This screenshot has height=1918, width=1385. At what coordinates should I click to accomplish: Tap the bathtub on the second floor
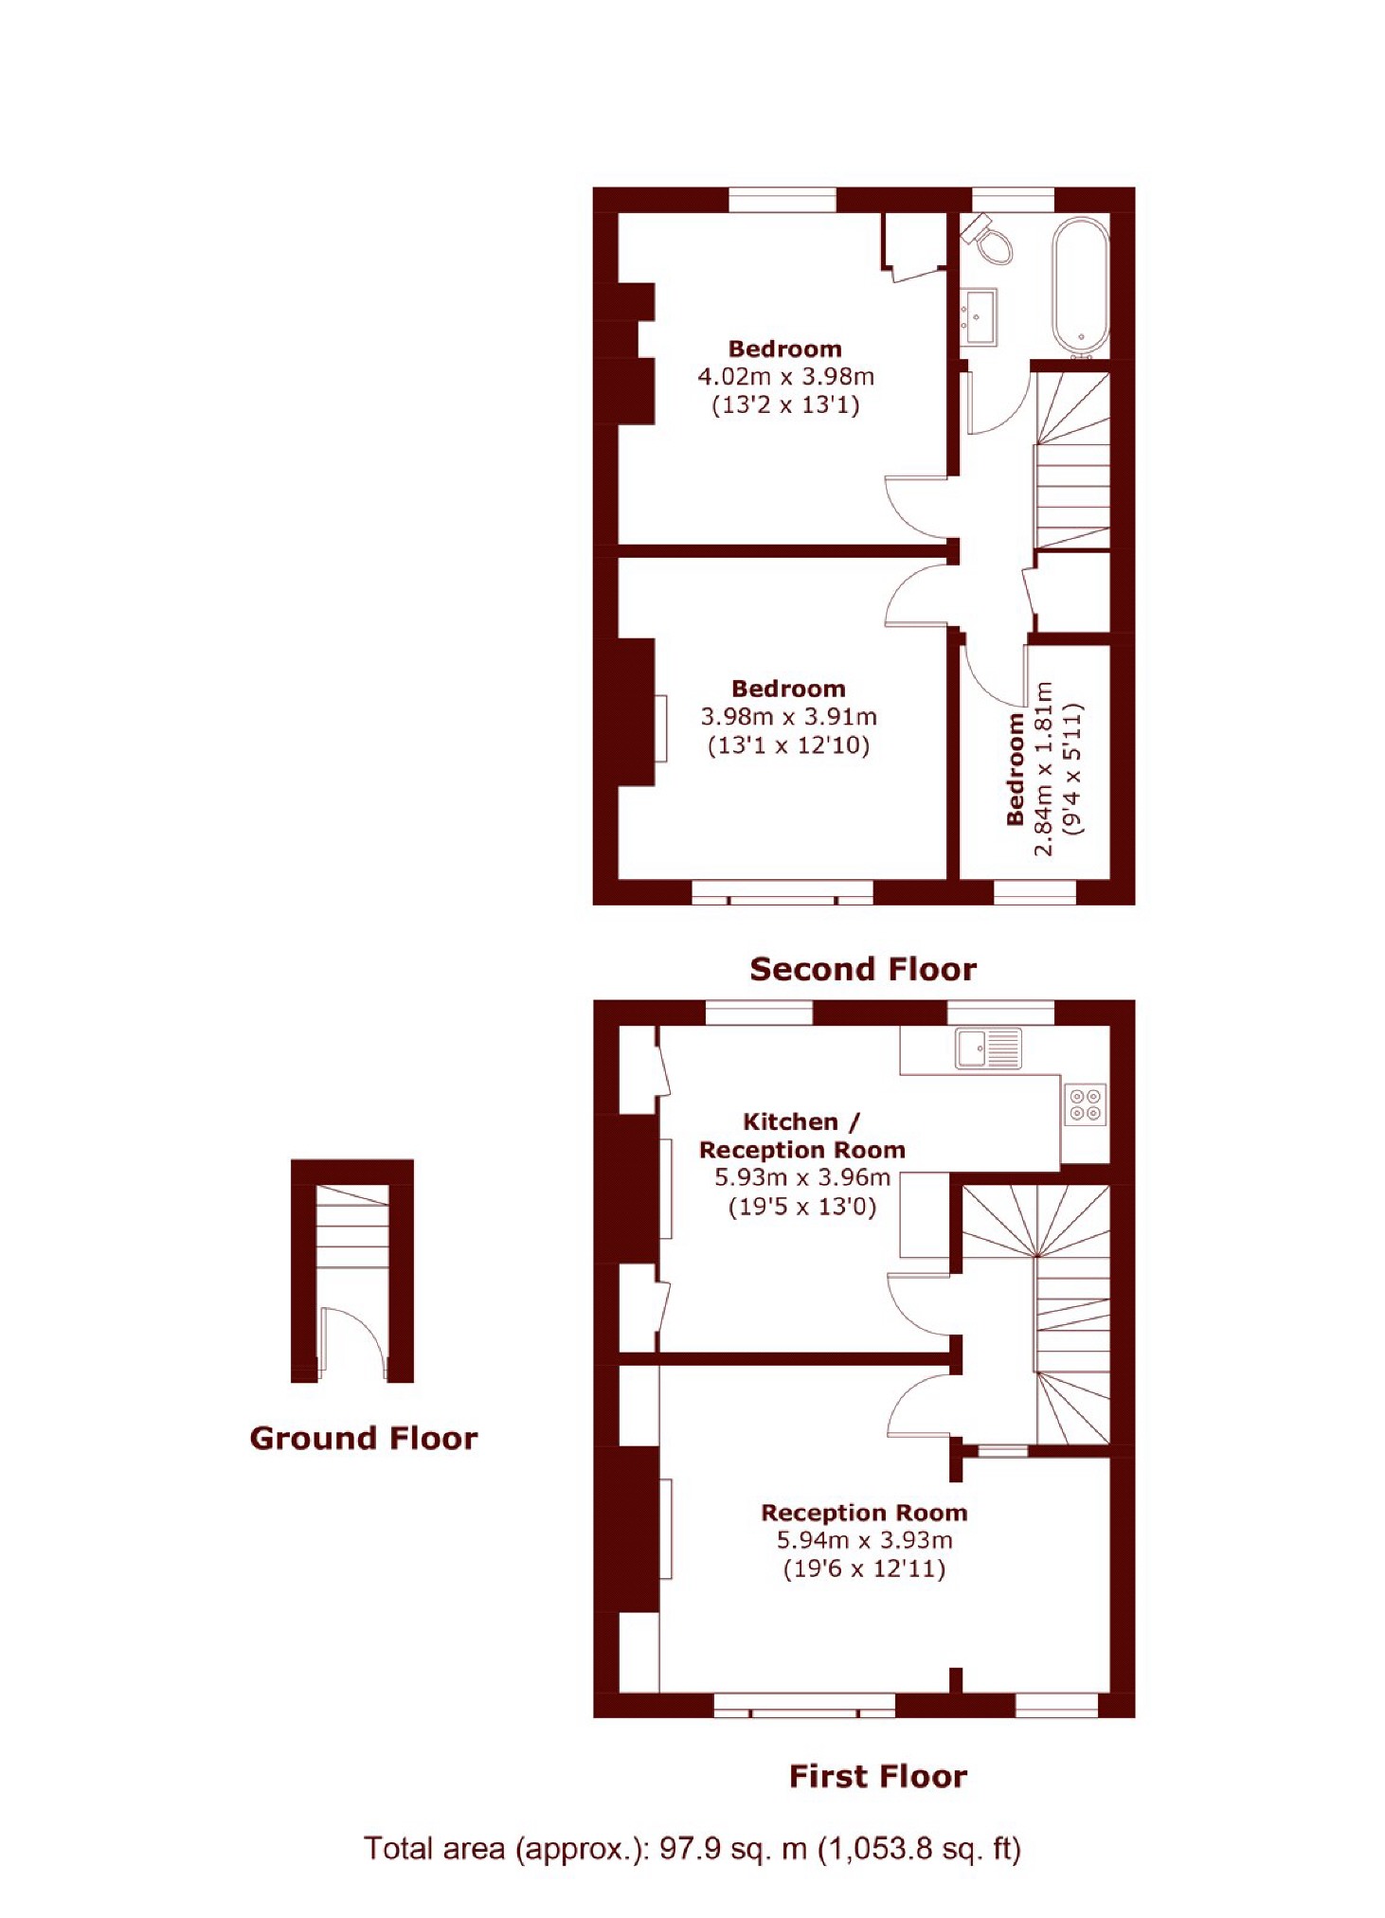click(1080, 287)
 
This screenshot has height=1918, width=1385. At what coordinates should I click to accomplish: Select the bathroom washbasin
click(979, 315)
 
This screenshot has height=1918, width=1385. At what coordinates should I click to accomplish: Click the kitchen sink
click(988, 1049)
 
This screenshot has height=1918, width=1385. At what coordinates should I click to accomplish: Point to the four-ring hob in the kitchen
click(1086, 1103)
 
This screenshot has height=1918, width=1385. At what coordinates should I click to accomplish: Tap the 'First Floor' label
click(877, 1776)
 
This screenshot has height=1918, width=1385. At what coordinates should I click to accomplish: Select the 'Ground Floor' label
click(364, 1439)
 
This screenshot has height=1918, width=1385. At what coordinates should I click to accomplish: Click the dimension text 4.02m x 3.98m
click(785, 377)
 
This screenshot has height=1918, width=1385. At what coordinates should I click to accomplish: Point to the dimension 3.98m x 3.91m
click(788, 717)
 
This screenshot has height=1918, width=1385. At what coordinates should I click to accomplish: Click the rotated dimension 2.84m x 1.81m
click(1043, 768)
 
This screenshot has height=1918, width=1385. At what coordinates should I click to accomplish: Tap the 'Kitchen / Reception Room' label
click(801, 1136)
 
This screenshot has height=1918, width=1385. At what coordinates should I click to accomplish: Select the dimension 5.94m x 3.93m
click(864, 1540)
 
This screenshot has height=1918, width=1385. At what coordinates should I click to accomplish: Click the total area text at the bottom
click(692, 1848)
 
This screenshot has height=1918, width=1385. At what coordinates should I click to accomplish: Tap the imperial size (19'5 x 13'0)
click(801, 1207)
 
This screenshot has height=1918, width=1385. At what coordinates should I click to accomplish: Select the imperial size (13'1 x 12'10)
click(788, 745)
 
